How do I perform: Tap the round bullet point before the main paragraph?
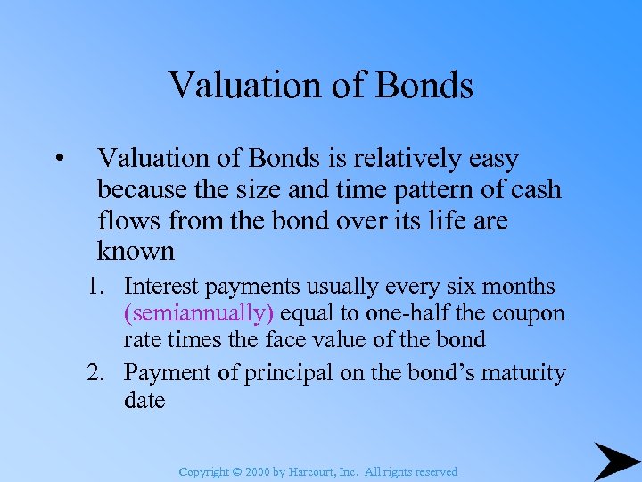(x=57, y=160)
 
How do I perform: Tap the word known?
(x=136, y=251)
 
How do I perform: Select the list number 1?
(x=95, y=287)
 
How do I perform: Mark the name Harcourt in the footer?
(x=308, y=471)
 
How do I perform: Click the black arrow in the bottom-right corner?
(x=614, y=459)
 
